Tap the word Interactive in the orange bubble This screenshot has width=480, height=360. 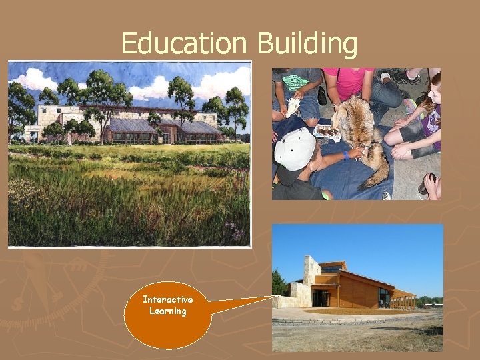click(168, 300)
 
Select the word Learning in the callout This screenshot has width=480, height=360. click(168, 311)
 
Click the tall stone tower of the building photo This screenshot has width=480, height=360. click(311, 273)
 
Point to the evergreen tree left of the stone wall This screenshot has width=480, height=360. click(279, 283)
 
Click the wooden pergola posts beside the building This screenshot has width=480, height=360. click(404, 301)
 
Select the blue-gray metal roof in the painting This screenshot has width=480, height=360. click(133, 125)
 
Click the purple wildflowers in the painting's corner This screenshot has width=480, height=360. click(235, 232)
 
